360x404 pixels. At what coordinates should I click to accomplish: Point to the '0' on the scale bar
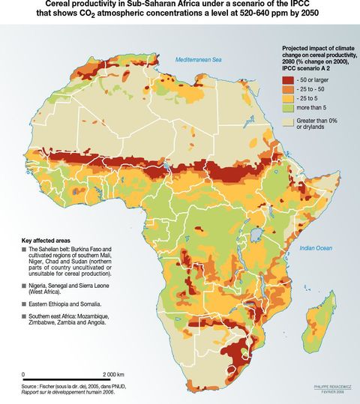point(24,374)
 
